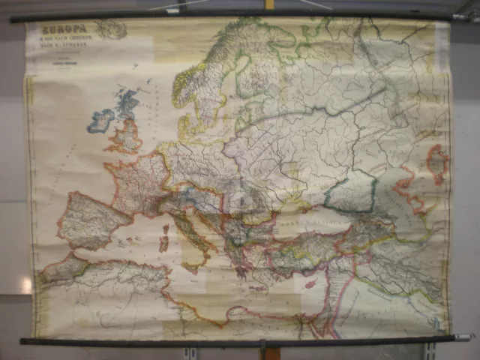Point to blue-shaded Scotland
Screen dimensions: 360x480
coord(127,104)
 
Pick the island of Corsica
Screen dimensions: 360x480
coord(165,224)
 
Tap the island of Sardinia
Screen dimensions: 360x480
coord(163,242)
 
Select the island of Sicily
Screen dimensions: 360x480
coord(190,265)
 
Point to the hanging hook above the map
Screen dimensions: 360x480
coord(269,4)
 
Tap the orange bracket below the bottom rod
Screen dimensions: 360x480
coord(264,349)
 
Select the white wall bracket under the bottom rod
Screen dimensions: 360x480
coord(192,352)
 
